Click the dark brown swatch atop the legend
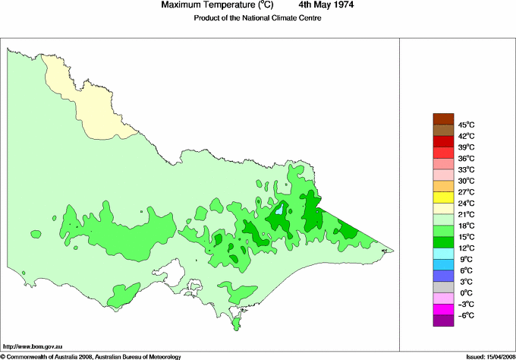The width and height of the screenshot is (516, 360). (442, 118)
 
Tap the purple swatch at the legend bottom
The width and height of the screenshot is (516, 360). (442, 321)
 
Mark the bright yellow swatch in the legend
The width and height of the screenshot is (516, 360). (442, 197)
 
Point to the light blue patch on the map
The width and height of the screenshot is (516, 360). (278, 210)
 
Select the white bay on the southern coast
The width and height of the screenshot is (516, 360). (176, 270)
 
